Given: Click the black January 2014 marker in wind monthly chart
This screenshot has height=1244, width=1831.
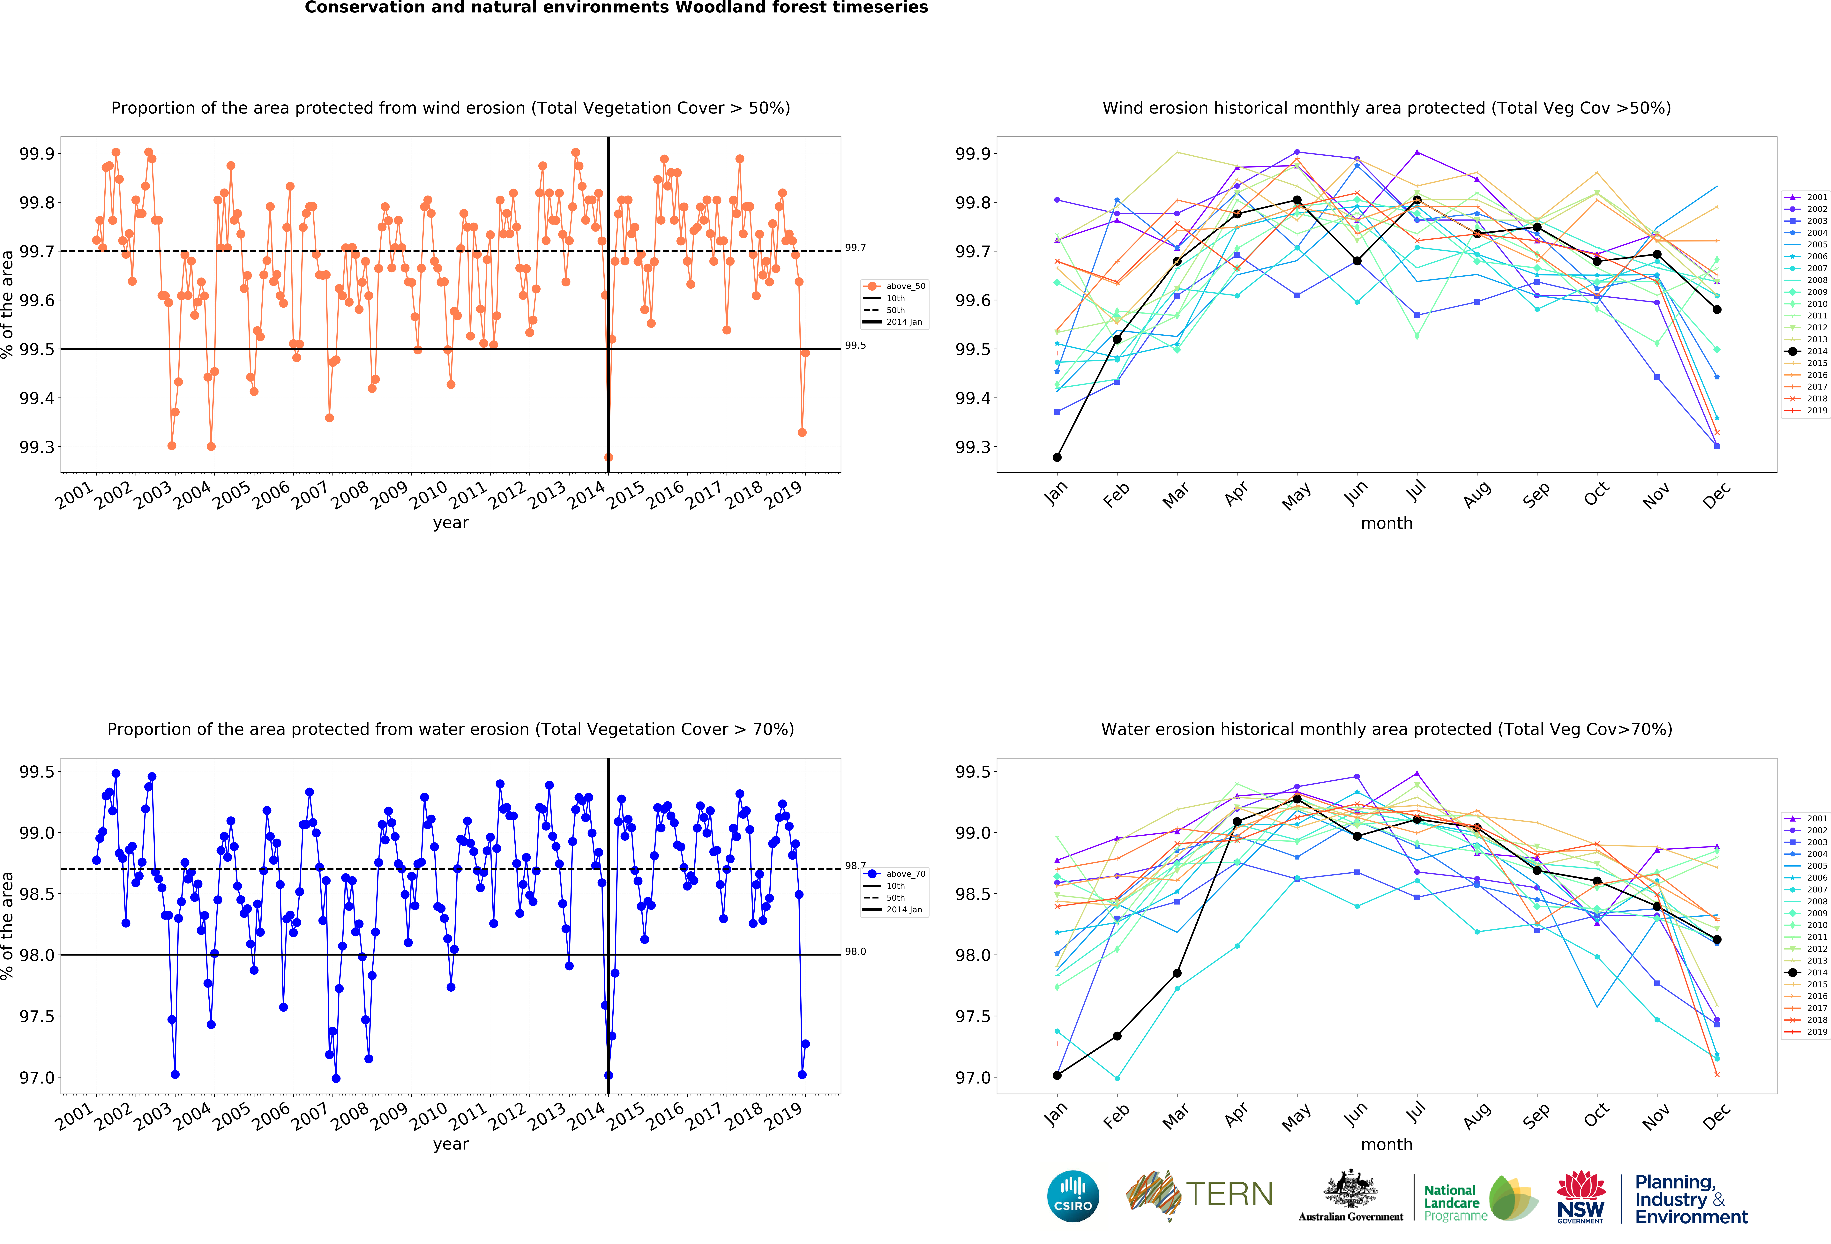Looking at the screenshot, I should (1057, 457).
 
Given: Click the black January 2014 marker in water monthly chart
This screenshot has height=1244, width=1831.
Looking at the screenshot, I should (1057, 1075).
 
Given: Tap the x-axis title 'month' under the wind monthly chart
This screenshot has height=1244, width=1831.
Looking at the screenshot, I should (1387, 523).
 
